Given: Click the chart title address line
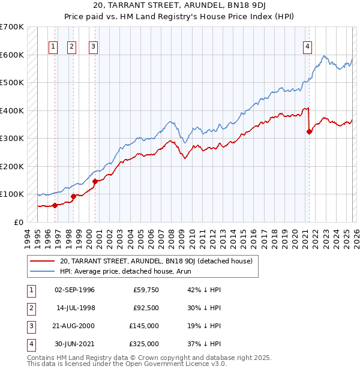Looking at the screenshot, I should click(x=180, y=6).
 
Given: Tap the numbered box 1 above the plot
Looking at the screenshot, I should click(x=53, y=47).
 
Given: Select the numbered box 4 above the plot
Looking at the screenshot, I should click(x=307, y=47).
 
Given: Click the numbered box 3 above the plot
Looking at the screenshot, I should click(x=94, y=47).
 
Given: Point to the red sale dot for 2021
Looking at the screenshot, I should click(x=309, y=132).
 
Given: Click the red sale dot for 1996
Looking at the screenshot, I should click(x=55, y=205).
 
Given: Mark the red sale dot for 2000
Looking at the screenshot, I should click(x=95, y=182).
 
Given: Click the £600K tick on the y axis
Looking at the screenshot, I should click(x=12, y=55).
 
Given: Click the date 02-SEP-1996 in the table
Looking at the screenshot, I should click(x=74, y=290).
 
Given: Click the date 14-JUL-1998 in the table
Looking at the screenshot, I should click(x=74, y=308).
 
